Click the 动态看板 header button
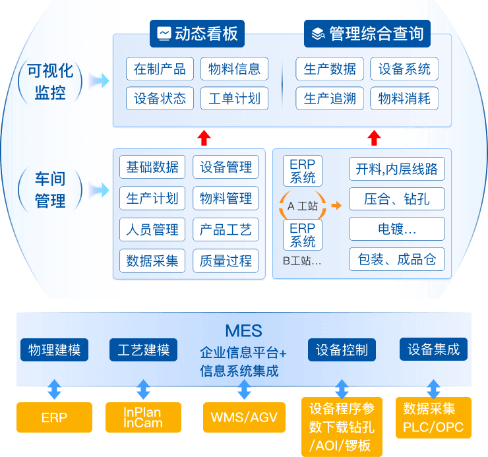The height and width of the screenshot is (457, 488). pos(197,34)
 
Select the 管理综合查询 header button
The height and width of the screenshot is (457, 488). pos(368,34)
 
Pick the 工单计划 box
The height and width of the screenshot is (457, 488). pos(234,99)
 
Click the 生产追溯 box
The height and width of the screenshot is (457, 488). pos(330,99)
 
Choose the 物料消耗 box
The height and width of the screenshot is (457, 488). pos(404,99)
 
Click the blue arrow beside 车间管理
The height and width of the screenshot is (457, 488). pos(100,191)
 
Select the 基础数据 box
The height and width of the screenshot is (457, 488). pos(152,167)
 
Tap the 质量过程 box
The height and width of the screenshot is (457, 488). pos(226,260)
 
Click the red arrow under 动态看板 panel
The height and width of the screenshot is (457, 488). pos(204,138)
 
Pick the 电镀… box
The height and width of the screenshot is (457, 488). pos(397,229)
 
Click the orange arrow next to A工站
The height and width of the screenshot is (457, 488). pos(336,206)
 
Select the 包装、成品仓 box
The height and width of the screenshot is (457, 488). pos(397,259)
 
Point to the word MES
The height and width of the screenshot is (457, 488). pos(243,331)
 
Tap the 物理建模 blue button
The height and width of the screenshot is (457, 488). pos(55,350)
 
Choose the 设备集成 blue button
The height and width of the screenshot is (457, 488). pos(433,349)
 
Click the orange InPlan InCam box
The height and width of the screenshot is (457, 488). pos(143,417)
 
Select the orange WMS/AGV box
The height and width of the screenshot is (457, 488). pos(244,417)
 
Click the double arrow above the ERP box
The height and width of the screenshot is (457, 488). pos(55,389)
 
